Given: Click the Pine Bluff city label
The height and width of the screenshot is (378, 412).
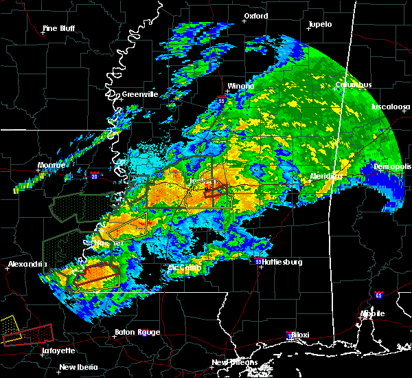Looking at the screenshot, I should [58, 29].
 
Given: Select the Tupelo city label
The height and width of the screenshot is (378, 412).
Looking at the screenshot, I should [319, 25].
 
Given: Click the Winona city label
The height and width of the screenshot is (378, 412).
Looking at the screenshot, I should [240, 86].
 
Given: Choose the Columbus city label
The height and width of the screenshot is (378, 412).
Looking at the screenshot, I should [354, 85].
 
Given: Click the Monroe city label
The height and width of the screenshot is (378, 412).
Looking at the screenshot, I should [51, 166].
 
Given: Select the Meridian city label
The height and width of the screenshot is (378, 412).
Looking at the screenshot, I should [325, 176].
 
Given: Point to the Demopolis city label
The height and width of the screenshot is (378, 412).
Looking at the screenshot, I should [392, 167].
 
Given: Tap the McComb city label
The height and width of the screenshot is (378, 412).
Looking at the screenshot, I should [184, 267].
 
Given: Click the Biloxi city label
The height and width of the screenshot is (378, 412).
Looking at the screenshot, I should [299, 335].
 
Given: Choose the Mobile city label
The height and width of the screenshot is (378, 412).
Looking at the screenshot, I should [374, 313].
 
